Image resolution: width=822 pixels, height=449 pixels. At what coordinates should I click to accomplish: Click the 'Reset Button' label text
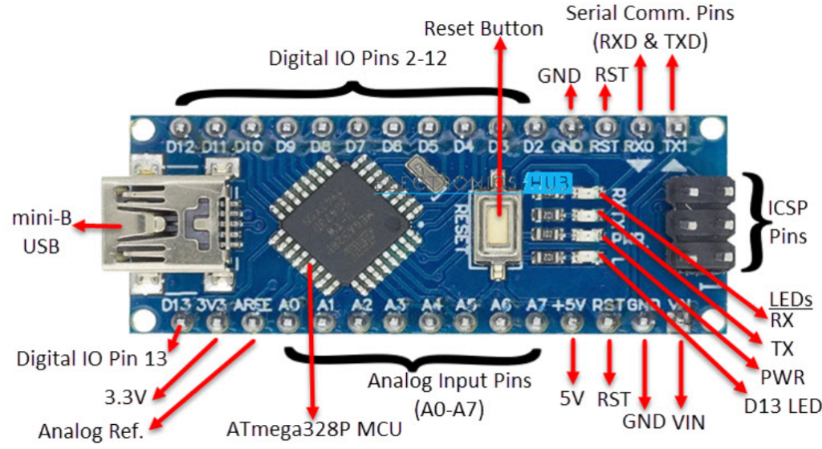(x=483, y=29)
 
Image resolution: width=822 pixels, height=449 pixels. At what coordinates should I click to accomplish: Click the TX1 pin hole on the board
(x=676, y=126)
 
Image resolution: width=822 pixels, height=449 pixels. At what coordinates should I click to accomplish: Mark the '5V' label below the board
(x=572, y=396)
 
